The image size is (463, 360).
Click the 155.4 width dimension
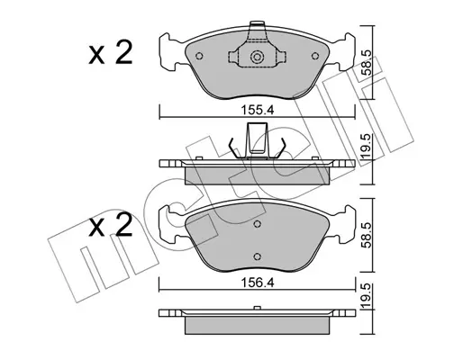click(258, 110)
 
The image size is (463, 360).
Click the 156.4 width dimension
click(258, 283)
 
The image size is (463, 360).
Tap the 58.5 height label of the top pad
click(367, 62)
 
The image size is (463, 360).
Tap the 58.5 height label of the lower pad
click(367, 235)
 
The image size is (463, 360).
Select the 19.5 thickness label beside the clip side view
click(367, 147)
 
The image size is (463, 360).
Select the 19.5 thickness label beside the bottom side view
click(367, 296)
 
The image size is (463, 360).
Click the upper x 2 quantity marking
click(111, 53)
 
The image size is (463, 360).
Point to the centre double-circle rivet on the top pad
click(257, 57)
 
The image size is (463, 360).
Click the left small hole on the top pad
click(199, 56)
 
